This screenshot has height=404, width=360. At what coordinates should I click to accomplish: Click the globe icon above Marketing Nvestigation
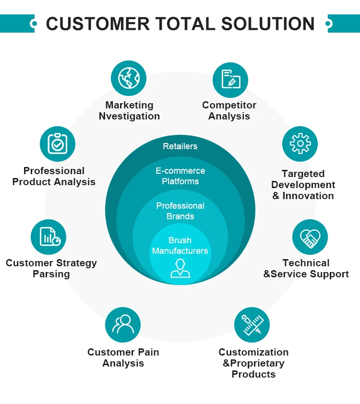point(129,78)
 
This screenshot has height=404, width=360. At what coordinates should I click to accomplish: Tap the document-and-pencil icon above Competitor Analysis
point(230,80)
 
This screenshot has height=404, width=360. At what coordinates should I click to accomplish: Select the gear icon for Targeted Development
point(300,143)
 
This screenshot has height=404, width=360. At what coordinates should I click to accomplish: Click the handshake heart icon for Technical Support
point(310,238)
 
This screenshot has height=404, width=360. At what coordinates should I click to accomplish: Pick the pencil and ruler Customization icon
point(252,325)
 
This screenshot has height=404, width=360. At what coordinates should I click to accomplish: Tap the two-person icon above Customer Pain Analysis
point(123,325)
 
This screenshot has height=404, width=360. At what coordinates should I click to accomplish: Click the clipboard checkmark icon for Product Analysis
point(58,143)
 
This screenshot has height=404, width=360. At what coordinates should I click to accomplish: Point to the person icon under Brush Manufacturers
point(180,268)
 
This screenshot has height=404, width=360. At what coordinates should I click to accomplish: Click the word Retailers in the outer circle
point(180,146)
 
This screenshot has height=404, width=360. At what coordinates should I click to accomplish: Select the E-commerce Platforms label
point(180,176)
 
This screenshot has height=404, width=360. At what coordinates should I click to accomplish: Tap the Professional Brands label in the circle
point(180,211)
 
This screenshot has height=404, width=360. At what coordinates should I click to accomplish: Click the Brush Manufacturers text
point(180,246)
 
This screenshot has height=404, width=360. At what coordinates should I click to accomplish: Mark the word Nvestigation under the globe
point(129,116)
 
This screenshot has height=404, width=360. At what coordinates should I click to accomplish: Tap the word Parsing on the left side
point(51,274)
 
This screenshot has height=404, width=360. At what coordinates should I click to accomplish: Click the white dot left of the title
point(33,23)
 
